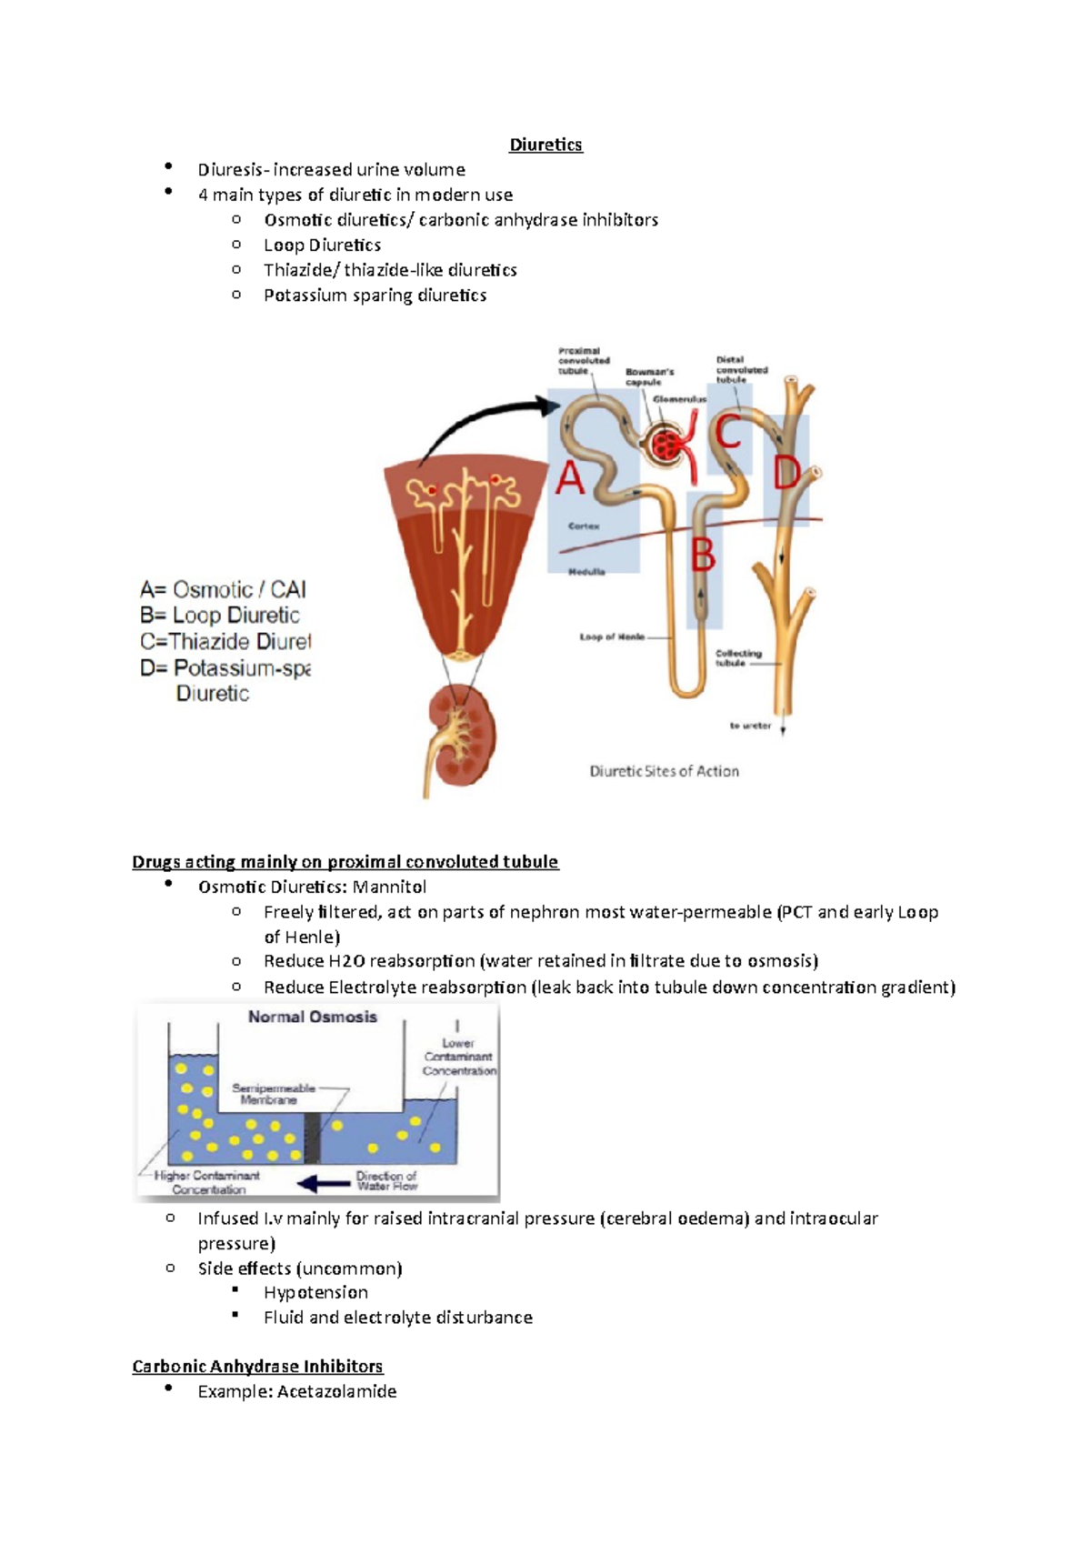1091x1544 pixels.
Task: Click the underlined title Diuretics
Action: point(545,145)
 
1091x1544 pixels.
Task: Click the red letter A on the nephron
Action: point(570,477)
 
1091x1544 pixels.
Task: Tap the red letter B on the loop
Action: point(703,554)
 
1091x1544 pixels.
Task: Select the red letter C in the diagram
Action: point(727,433)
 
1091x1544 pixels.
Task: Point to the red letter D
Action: point(786,473)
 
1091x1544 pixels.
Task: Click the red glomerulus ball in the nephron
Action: point(667,445)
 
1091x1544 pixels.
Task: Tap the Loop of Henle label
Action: point(612,637)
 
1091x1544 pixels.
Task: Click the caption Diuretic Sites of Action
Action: point(664,771)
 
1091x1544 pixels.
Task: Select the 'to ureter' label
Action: point(750,726)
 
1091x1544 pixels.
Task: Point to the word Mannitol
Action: point(389,887)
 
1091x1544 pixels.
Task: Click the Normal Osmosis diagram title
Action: point(313,1017)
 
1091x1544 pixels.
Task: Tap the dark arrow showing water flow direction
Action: point(324,1183)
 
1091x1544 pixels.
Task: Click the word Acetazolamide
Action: point(336,1391)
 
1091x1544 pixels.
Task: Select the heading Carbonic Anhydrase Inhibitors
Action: point(257,1366)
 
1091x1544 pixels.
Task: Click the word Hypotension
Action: point(315,1292)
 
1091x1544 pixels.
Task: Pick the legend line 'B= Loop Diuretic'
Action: point(220,616)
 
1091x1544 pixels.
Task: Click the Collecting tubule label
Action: point(738,657)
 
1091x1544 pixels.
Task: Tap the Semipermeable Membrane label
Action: point(273,1094)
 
